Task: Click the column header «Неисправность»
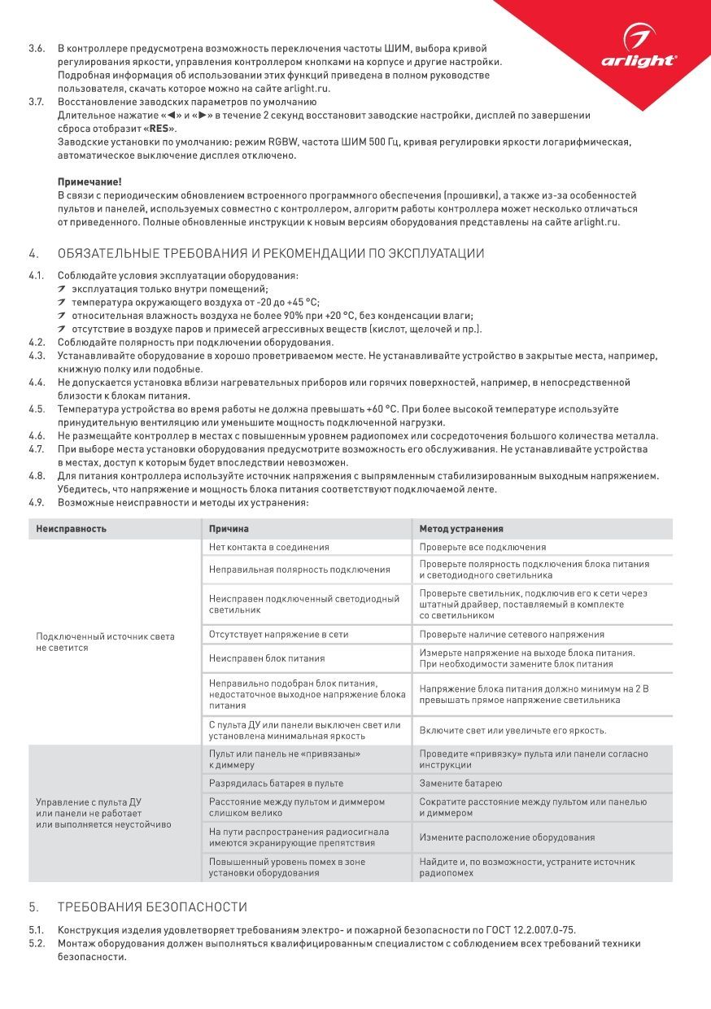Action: [72, 529]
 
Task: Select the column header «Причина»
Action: [229, 529]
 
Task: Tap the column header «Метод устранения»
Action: [461, 529]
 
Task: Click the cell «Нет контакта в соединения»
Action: [268, 548]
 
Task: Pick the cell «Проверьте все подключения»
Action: [482, 548]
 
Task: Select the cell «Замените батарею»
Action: [460, 784]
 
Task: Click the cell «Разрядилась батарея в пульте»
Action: [276, 784]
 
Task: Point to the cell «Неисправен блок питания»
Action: [267, 658]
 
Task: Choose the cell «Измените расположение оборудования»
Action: [507, 837]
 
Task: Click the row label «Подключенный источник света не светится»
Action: [105, 642]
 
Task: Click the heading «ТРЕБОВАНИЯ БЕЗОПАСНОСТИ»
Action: [152, 907]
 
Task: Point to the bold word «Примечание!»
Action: [89, 182]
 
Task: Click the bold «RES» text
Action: [159, 129]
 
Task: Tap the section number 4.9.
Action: [37, 502]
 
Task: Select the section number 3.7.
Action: [37, 102]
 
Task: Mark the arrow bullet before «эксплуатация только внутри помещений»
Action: [63, 289]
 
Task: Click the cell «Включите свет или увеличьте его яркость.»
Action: [513, 730]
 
